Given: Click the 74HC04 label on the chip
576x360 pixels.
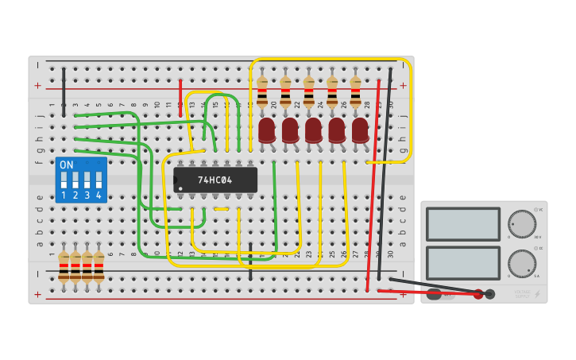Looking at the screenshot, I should (215, 180).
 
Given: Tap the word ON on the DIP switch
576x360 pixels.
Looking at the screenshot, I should (67, 165).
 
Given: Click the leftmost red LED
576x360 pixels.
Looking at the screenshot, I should (266, 130).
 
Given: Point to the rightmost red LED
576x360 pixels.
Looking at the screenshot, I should (360, 130).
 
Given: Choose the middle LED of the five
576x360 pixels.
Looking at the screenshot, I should (313, 130).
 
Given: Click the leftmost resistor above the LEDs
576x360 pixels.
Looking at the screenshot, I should (262, 92).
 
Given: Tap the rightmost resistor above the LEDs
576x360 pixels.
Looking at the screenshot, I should (355, 92).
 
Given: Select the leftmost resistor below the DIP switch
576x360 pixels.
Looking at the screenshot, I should (64, 267).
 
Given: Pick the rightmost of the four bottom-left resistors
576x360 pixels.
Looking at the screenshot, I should (99, 267).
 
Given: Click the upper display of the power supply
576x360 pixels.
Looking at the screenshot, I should (462, 224).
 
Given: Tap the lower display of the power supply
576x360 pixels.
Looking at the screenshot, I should (462, 263).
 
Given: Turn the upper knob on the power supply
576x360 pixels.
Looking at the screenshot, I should (522, 223).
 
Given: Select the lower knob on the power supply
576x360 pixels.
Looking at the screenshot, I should (522, 263).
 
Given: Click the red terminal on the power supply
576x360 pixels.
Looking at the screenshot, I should (478, 294).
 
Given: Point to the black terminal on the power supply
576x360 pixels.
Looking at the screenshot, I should (490, 294).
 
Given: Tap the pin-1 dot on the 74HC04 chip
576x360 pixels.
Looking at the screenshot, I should (180, 189).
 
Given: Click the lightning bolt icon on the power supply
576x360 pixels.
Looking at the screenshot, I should (538, 294).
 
